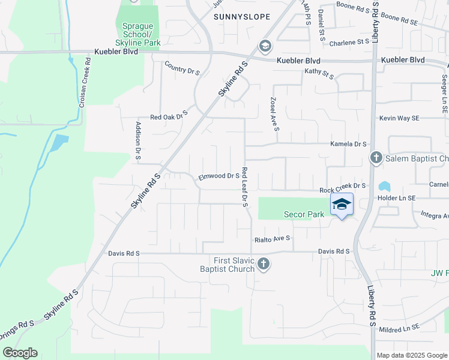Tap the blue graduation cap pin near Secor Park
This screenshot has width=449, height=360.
coord(342,205)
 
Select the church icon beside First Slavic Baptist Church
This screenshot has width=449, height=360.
coord(263,264)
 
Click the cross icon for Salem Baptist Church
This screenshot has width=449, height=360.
coord(376,158)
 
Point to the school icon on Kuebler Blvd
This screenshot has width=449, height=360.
coord(265,46)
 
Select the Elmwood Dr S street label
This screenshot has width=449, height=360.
coord(219,176)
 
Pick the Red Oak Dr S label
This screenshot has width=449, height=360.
coord(169,116)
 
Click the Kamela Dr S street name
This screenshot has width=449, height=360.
coord(348,144)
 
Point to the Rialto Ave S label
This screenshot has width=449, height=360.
coord(271,238)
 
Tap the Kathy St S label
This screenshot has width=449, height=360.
coord(318,71)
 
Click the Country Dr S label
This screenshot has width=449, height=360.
coord(182,68)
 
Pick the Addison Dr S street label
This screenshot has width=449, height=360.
coord(138,140)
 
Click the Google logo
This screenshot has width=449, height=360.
coord(20,353)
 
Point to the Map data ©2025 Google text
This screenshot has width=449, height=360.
coord(412,355)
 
